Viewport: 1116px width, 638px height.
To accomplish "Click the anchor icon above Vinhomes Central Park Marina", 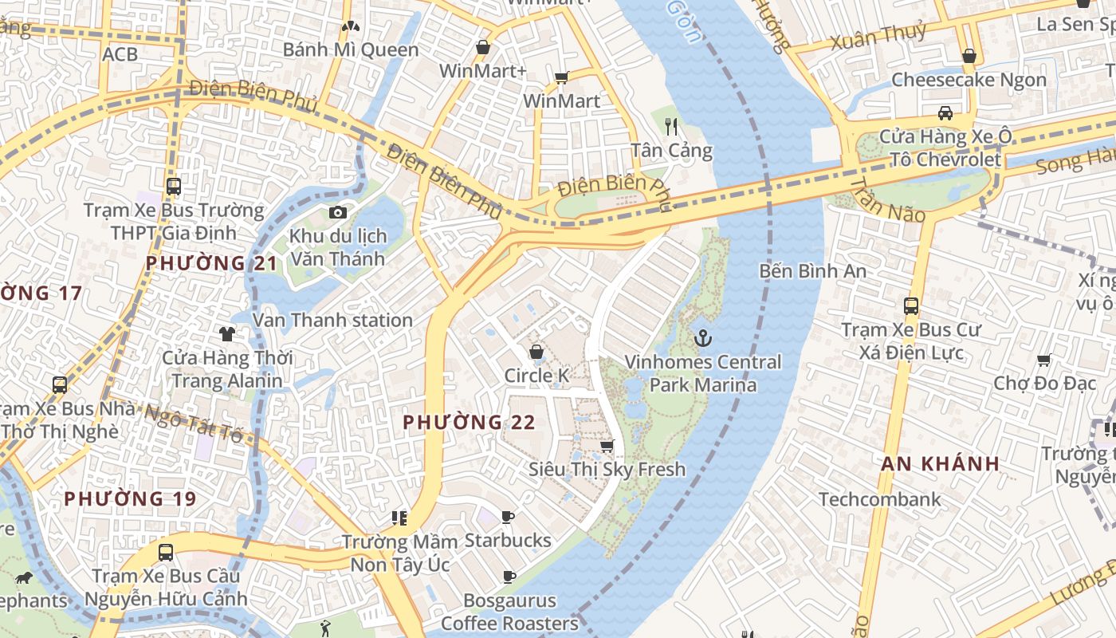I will pos(702,339).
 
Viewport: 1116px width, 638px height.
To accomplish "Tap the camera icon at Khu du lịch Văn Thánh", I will pos(337,212).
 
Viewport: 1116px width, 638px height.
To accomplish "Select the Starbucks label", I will pos(508,541).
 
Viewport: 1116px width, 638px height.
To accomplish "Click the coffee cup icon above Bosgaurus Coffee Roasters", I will pos(509,577).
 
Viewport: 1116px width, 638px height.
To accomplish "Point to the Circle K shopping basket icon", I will pos(536,352).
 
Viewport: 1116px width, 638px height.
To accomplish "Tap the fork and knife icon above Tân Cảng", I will pos(670,126).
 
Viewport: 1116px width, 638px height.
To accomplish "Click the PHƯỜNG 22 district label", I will pos(469,422).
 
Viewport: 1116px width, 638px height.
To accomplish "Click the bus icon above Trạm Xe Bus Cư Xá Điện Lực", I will pos(910,305).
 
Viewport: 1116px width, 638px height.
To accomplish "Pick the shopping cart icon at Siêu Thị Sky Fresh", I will pos(607,446).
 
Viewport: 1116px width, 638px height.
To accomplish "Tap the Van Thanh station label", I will pos(332,320).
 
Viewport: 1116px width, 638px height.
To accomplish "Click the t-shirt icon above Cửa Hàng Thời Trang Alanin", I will pos(227,333).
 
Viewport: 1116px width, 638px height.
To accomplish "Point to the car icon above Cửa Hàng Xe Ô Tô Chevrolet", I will pos(945,112).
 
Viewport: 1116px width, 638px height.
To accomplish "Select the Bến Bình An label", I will pos(812,271).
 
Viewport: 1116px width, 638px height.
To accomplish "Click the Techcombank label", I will pos(880,500).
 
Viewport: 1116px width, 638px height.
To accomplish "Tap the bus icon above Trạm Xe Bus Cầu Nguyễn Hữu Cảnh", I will pos(166,552).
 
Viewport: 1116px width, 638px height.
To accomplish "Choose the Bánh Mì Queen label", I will pos(351,49).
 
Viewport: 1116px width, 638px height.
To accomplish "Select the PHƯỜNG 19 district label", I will pos(130,499).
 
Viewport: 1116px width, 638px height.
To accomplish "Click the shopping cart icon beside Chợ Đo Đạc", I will pos(1043,360).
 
